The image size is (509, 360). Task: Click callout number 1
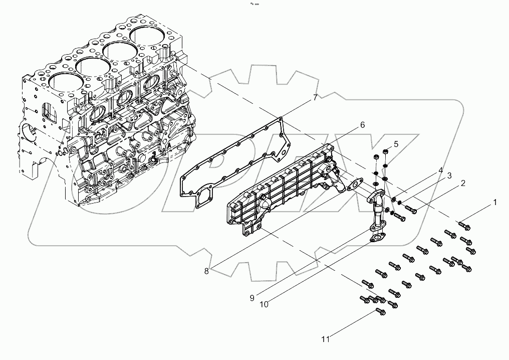(495, 203)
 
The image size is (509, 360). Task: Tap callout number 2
(463, 184)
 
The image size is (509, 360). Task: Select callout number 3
(449, 176)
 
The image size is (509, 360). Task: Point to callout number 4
(440, 169)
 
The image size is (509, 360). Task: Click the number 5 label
(396, 144)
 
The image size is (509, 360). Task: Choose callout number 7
(315, 98)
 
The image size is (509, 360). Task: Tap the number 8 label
(206, 271)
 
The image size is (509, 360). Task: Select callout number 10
(265, 304)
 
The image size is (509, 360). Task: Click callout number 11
(326, 339)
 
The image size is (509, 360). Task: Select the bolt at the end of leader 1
(464, 227)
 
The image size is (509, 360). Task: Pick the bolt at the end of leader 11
(380, 313)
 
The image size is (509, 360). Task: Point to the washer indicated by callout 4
(395, 200)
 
